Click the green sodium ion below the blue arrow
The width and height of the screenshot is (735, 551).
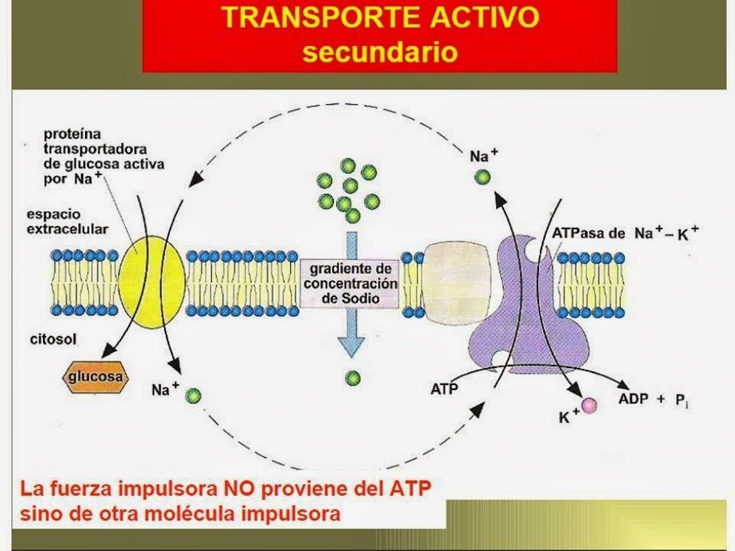352,377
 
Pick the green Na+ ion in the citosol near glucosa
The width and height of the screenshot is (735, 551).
193,396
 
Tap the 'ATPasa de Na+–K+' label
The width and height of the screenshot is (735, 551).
623,232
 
